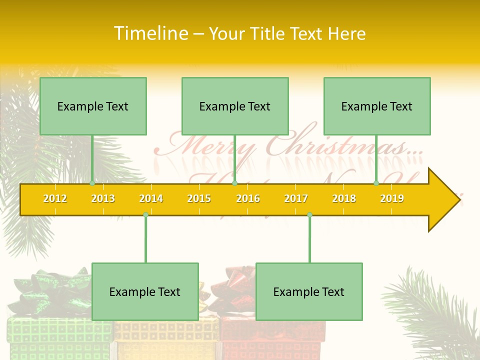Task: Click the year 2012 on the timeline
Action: (x=55, y=198)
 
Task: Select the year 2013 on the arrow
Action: (x=103, y=198)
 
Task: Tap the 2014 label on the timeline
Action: (x=151, y=198)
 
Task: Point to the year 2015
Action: (x=199, y=198)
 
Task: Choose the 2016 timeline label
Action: (x=248, y=198)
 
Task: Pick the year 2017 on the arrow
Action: (x=296, y=198)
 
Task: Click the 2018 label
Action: (x=344, y=198)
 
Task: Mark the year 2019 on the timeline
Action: (x=392, y=198)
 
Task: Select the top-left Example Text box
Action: (x=93, y=106)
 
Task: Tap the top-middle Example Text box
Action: (x=235, y=106)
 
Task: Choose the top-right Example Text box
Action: (x=377, y=106)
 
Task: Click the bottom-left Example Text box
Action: (x=145, y=291)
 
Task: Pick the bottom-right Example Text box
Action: (x=309, y=291)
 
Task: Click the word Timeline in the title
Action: (x=150, y=33)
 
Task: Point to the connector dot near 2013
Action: (x=92, y=183)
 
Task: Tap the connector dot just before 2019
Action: (x=376, y=183)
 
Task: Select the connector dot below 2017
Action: (x=309, y=214)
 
